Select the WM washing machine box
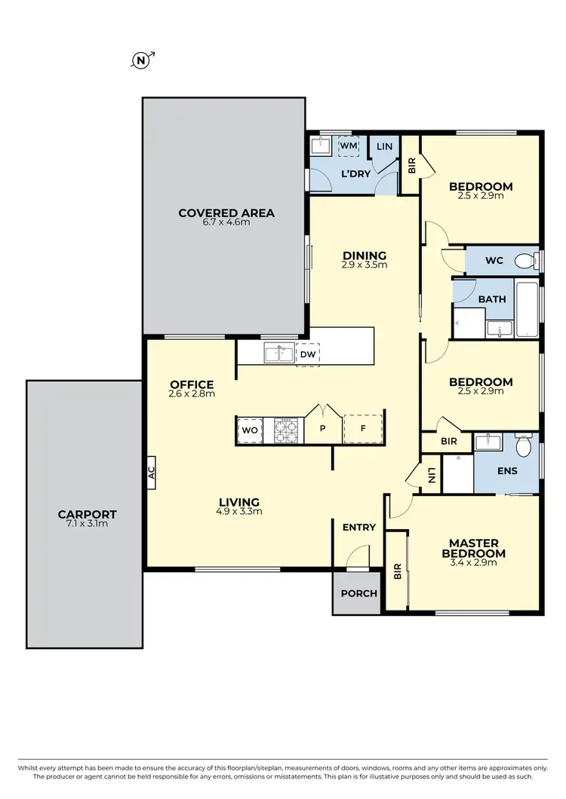[348, 145]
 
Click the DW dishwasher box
[307, 354]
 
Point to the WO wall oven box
[250, 430]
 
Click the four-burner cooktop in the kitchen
[287, 430]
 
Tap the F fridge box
[363, 430]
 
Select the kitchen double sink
[278, 353]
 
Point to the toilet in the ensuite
[522, 446]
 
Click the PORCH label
[358, 593]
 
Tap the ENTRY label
[358, 528]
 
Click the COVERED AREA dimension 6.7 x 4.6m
[226, 222]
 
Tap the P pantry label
[322, 430]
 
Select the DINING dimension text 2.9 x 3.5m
[365, 265]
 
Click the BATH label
[492, 299]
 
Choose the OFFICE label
[192, 384]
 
